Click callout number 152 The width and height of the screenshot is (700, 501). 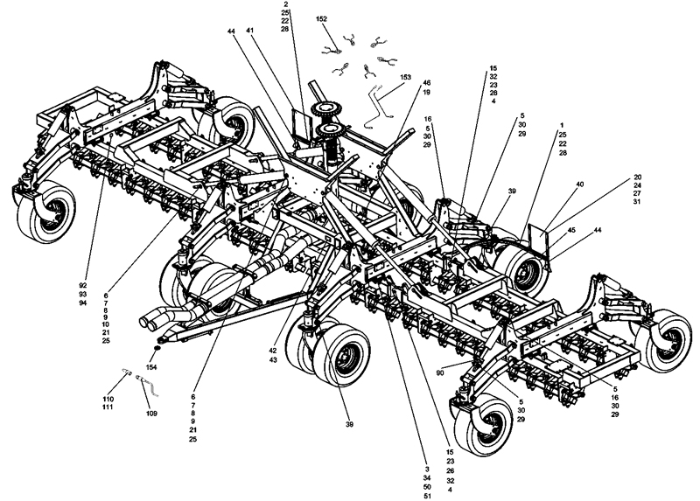(321, 19)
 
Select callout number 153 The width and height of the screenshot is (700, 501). (405, 77)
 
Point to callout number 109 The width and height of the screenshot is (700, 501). (151, 414)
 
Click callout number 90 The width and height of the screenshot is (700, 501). (440, 373)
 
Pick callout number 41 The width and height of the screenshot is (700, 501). (250, 31)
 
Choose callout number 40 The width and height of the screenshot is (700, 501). (580, 184)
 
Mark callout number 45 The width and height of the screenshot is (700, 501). (571, 230)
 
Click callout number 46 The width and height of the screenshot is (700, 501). (427, 83)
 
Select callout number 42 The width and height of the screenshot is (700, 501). (273, 351)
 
